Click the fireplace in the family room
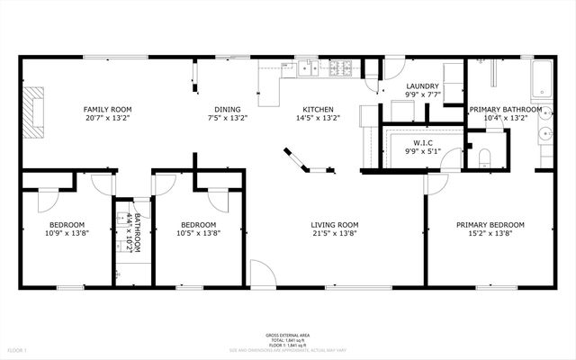click(x=33, y=112)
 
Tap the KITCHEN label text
click(x=318, y=109)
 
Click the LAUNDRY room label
click(x=421, y=85)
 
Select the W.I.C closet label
click(x=424, y=142)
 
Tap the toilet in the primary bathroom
click(x=484, y=157)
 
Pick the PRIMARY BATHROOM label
click(x=506, y=109)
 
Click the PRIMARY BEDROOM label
click(x=491, y=224)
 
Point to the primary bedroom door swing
click(x=436, y=184)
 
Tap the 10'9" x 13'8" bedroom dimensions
click(x=67, y=233)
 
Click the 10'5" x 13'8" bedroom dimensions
click(x=198, y=233)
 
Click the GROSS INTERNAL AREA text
click(x=287, y=333)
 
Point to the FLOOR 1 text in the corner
click(x=17, y=349)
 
